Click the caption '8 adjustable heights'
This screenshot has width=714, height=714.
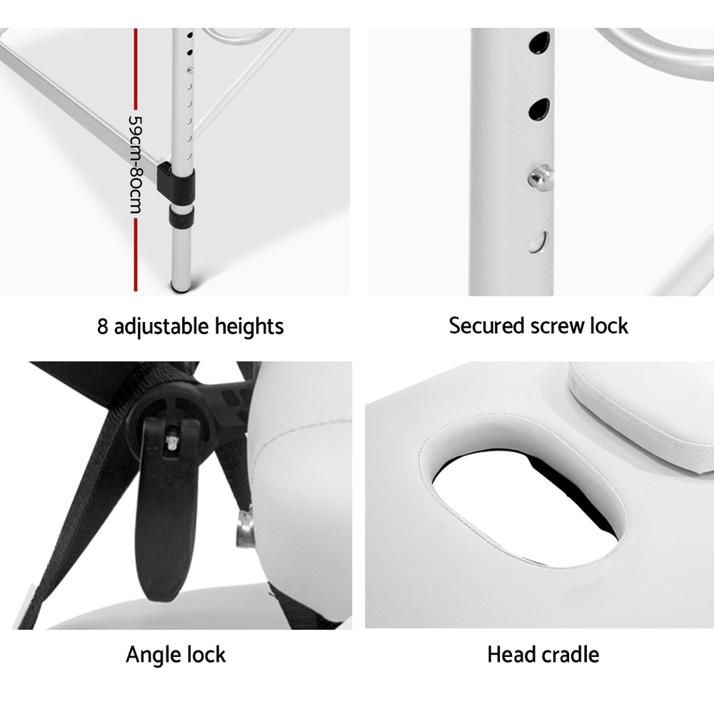pyautogui.click(x=191, y=326)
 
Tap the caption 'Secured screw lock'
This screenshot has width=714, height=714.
pyautogui.click(x=538, y=326)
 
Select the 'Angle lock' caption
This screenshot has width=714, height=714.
pyautogui.click(x=176, y=654)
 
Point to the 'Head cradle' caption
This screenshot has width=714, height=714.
pyautogui.click(x=543, y=654)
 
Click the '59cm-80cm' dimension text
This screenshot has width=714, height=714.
pyautogui.click(x=134, y=165)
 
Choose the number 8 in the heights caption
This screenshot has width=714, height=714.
pyautogui.click(x=104, y=326)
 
